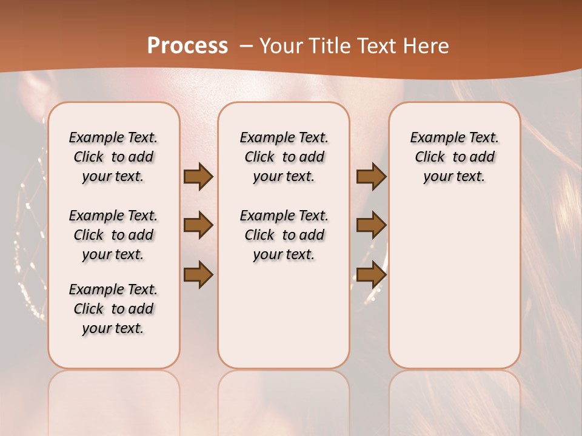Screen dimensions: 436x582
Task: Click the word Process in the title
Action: point(187,45)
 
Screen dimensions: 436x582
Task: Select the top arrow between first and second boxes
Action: point(198,176)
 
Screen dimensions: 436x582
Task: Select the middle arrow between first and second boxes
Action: point(198,225)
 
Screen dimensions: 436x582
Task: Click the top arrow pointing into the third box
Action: point(371,176)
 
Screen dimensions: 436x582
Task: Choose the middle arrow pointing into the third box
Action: point(371,225)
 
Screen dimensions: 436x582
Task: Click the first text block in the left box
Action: point(113,157)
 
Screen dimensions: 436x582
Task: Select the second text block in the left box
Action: point(113,235)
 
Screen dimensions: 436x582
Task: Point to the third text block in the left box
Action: point(113,309)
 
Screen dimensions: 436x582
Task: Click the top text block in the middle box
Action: point(284,157)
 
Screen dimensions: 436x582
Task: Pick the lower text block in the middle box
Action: point(284,235)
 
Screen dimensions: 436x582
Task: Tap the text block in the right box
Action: point(455,157)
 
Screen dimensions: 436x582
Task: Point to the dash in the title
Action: point(246,46)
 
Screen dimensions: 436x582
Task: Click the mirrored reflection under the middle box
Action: point(284,400)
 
